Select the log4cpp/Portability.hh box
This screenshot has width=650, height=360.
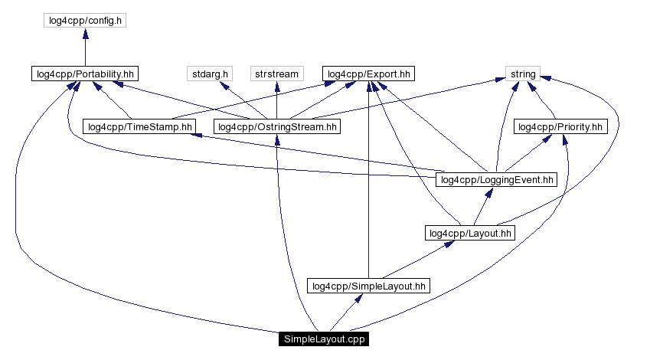tap(84, 74)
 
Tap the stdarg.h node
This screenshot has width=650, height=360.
tap(208, 74)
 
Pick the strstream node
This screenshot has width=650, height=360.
tap(276, 74)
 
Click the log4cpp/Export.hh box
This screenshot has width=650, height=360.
tap(369, 74)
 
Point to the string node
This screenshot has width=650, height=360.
tap(523, 74)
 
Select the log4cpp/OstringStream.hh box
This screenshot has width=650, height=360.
tap(277, 126)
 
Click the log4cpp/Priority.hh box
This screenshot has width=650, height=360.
tap(561, 126)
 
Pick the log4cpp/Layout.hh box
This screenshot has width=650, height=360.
tap(470, 233)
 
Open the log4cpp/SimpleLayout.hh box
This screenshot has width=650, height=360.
tap(368, 286)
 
